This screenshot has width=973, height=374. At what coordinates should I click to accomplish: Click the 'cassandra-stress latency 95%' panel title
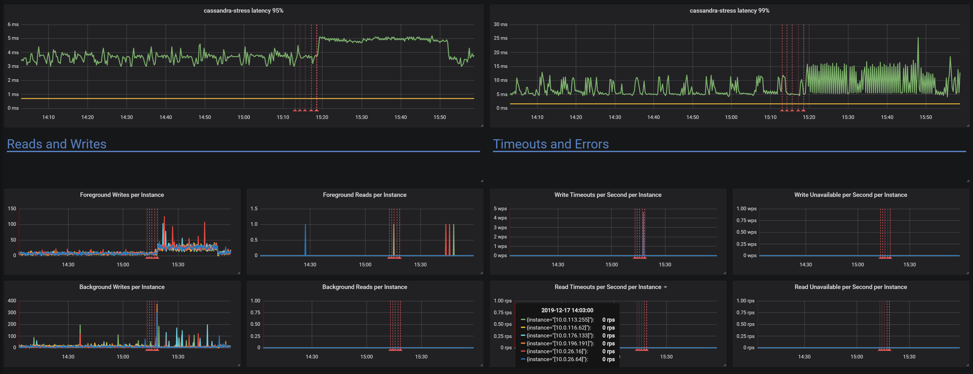[x=243, y=11]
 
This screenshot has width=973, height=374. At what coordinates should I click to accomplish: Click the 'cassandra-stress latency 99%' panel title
[x=729, y=11]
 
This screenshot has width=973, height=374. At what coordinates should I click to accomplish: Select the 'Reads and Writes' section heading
[x=57, y=144]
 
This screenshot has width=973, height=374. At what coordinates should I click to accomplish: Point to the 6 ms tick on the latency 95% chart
[x=13, y=24]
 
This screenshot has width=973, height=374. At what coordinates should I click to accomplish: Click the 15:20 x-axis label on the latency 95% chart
[x=322, y=117]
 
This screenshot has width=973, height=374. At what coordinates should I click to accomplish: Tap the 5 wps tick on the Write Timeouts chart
[x=500, y=209]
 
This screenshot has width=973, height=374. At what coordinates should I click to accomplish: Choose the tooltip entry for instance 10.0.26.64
[x=557, y=359]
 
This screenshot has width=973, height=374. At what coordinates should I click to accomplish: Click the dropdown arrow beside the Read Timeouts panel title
[x=665, y=287]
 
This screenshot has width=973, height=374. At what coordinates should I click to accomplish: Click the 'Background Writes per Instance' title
[x=122, y=287]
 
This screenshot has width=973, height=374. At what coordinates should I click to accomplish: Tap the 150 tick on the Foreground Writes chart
[x=12, y=209]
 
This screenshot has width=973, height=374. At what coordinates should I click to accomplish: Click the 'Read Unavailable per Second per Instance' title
[x=850, y=287]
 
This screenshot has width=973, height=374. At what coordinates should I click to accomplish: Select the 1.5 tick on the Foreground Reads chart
[x=254, y=209]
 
